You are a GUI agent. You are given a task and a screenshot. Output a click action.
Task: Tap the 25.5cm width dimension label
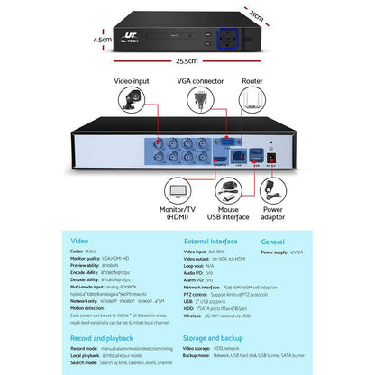click(187, 61)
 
